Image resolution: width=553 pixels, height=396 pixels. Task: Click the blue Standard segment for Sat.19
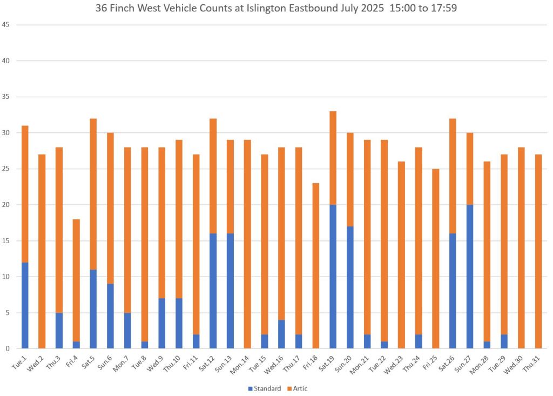point(333,277)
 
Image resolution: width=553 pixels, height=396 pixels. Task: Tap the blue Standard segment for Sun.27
point(470,277)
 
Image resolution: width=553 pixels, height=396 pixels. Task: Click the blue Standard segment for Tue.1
point(25,305)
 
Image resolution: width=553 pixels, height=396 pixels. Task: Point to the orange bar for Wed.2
point(42,251)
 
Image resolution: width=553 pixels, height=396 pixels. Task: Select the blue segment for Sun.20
point(350,287)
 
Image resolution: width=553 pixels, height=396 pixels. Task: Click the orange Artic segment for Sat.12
point(213,176)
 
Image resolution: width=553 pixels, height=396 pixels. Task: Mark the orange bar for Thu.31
point(538,251)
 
